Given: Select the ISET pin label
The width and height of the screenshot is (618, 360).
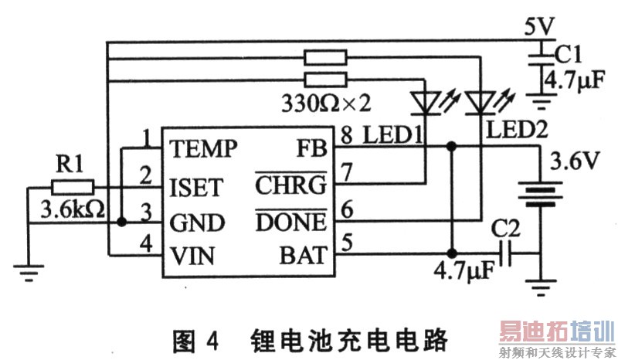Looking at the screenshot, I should coord(196,187).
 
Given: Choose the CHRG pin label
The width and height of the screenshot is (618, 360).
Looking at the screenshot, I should coord(290,187).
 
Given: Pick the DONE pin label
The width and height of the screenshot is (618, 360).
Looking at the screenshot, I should coord(290,222).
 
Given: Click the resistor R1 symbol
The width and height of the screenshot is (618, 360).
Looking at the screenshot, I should coord(73,187).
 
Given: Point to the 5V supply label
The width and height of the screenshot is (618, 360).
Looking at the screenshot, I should coord(538,26).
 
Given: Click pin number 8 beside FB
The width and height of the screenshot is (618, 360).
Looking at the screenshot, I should coord(347,137).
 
